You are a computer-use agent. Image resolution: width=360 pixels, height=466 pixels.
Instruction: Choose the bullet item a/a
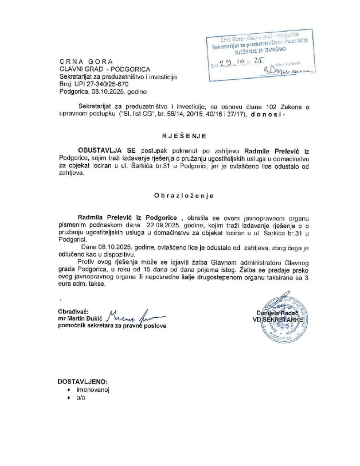click(81, 397)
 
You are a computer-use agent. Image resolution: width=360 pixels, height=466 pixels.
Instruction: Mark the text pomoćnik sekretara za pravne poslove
click(112, 326)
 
